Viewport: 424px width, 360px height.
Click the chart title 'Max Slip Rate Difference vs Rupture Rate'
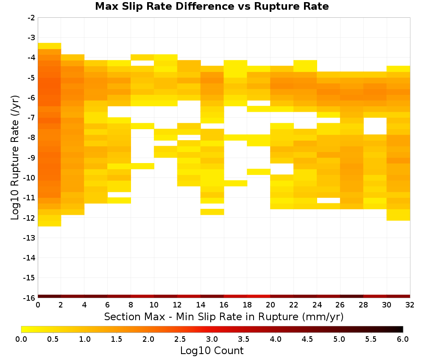[212, 6]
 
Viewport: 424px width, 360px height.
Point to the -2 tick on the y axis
[31, 18]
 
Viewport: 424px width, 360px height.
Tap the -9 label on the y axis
[31, 158]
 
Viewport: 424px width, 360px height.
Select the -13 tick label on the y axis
[30, 238]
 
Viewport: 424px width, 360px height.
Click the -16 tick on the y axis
[30, 298]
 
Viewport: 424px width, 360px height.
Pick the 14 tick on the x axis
[201, 305]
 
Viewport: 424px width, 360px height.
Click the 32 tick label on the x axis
[410, 305]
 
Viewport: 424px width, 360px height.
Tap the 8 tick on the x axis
[131, 305]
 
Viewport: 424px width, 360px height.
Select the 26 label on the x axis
[340, 305]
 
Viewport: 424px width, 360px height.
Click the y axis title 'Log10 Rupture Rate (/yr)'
[15, 158]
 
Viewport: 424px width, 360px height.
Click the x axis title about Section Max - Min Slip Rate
[224, 317]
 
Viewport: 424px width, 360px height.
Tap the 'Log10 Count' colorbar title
[212, 351]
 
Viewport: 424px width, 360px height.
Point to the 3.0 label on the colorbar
[212, 339]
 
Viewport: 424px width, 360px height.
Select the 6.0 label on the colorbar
[403, 339]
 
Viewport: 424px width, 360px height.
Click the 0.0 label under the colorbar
[21, 339]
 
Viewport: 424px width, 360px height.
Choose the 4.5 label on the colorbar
[307, 339]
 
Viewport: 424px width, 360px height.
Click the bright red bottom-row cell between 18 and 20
[259, 296]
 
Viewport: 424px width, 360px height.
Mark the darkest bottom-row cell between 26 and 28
[351, 296]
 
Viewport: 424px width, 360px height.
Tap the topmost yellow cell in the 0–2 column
[50, 46]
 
